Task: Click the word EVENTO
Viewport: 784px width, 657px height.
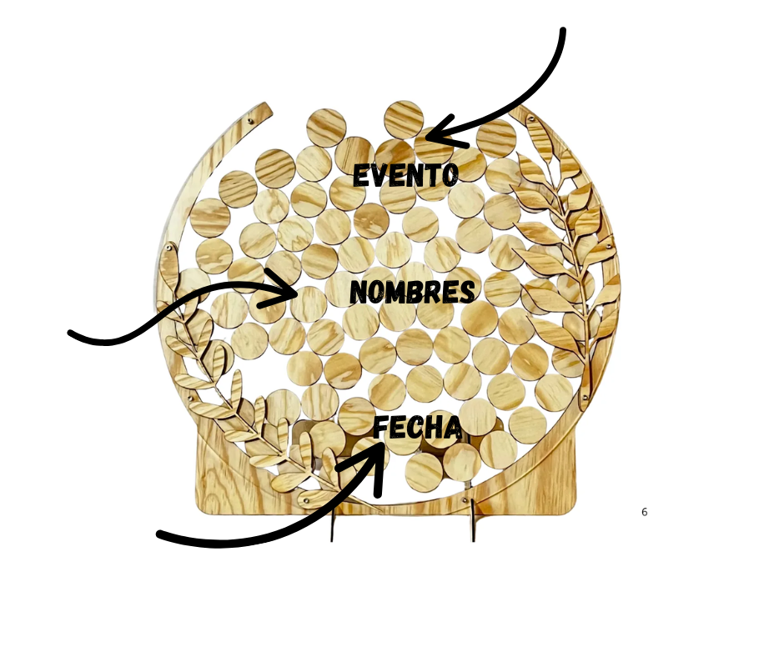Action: (x=405, y=176)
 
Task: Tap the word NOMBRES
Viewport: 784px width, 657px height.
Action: (x=412, y=293)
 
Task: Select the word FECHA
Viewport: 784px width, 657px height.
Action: (x=417, y=429)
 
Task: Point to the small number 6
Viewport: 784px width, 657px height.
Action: (x=644, y=512)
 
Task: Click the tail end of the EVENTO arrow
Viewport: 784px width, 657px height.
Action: (x=563, y=32)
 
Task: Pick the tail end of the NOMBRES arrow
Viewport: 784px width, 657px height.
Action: (x=72, y=334)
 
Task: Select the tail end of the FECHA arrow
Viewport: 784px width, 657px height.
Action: (x=160, y=535)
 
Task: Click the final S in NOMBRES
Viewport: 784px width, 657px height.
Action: (x=468, y=293)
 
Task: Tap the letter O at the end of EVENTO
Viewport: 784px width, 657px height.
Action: (x=450, y=176)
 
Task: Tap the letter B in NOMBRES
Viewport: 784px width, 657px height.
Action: (x=414, y=293)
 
